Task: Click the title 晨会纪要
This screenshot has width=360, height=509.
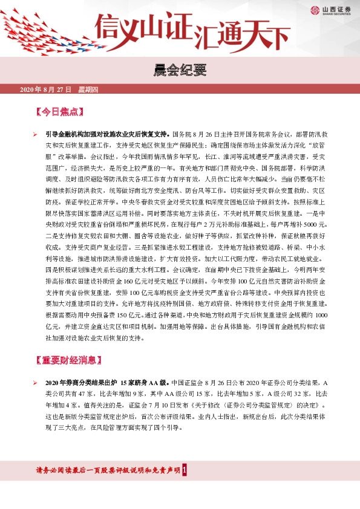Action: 180,73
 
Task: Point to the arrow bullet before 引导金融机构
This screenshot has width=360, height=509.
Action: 36,133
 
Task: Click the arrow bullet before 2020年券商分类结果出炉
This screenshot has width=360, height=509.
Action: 36,383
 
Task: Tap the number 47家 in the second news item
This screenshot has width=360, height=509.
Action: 74,393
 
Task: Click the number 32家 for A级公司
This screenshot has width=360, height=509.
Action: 284,393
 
